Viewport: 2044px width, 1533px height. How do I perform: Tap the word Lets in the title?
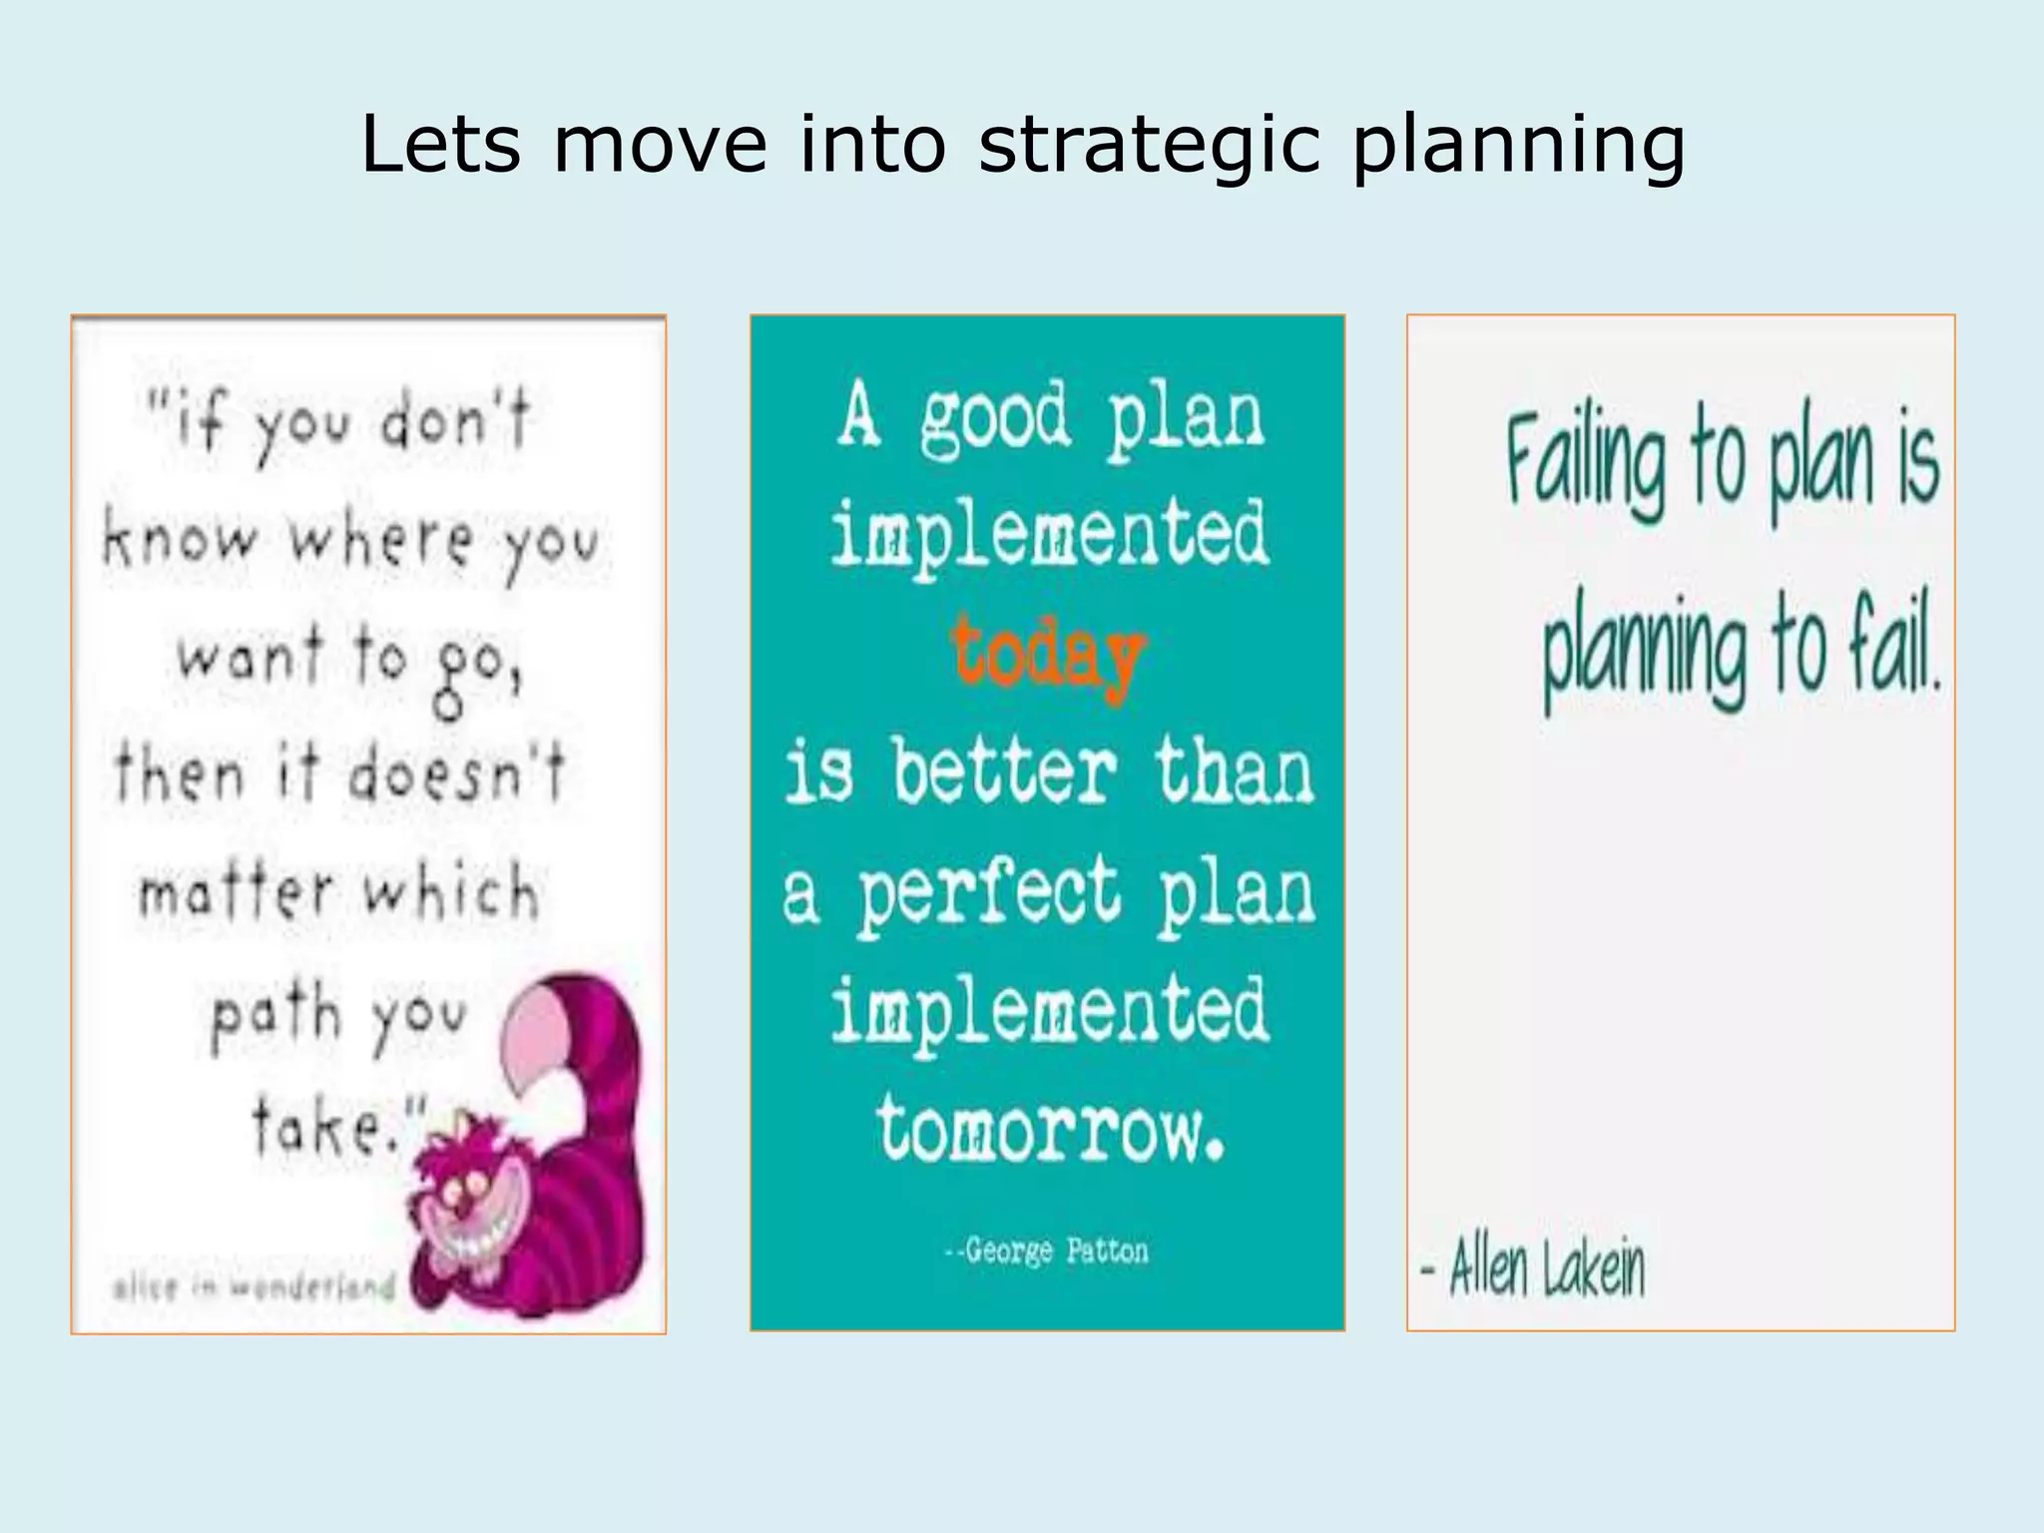coord(440,145)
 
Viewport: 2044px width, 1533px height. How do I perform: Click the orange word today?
coord(1047,655)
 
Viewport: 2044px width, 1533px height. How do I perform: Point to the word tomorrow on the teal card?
coord(1050,1128)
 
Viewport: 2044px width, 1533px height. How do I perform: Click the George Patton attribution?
coord(1047,1251)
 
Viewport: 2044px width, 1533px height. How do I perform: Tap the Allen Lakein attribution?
coord(1534,1268)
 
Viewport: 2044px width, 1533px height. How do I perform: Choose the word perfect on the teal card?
coord(989,893)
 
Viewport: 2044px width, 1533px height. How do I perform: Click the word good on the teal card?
coord(994,419)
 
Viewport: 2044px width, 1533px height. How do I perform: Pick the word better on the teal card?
coord(1004,773)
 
